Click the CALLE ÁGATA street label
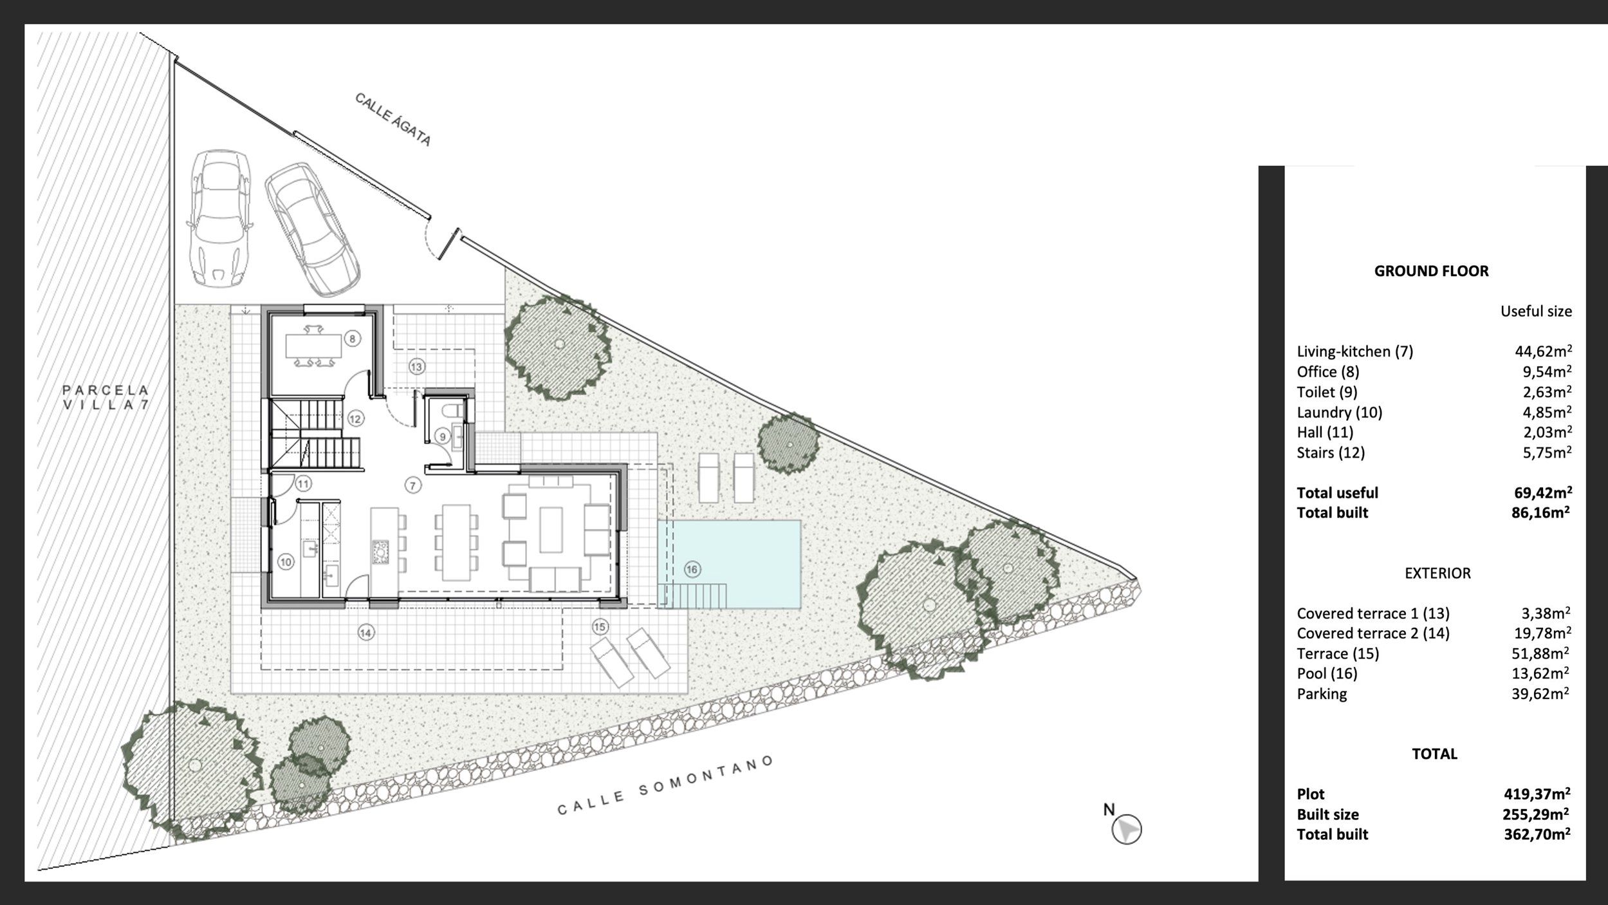pyautogui.click(x=393, y=120)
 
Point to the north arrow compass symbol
pyautogui.click(x=1126, y=828)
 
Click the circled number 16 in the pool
pyautogui.click(x=692, y=570)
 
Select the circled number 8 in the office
pyautogui.click(x=353, y=339)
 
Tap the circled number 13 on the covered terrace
pyautogui.click(x=416, y=367)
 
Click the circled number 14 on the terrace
pyautogui.click(x=365, y=633)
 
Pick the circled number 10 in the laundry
pyautogui.click(x=286, y=562)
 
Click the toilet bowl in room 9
pyautogui.click(x=453, y=409)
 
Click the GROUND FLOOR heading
pyautogui.click(x=1431, y=271)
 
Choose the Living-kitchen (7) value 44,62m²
pyautogui.click(x=1543, y=351)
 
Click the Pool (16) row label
pyautogui.click(x=1327, y=673)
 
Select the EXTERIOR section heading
pyautogui.click(x=1437, y=574)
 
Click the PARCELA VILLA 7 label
pyautogui.click(x=106, y=397)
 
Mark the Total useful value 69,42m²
pyautogui.click(x=1542, y=492)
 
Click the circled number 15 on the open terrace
pyautogui.click(x=600, y=627)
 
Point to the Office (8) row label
pyautogui.click(x=1328, y=371)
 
